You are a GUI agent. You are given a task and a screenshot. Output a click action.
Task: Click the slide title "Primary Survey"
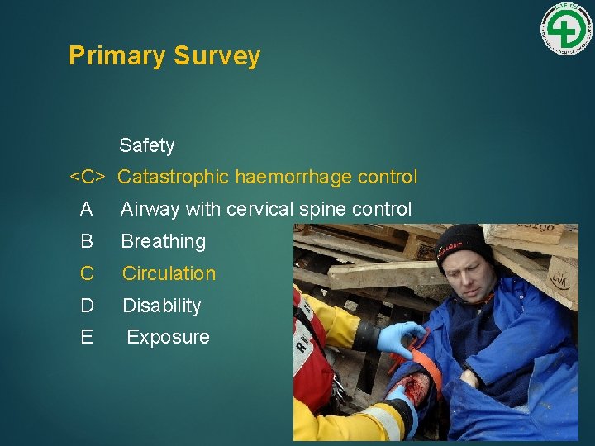coord(164,55)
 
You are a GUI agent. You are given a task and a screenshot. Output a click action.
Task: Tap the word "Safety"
coord(146,145)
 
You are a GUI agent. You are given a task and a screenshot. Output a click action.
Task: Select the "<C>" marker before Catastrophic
coord(87,178)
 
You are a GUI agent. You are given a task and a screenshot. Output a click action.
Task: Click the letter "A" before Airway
coord(86,210)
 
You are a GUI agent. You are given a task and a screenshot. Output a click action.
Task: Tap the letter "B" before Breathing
coord(86,242)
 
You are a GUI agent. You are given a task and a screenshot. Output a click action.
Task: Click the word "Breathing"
coord(163,242)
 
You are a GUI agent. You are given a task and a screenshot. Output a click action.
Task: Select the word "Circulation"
coord(169,273)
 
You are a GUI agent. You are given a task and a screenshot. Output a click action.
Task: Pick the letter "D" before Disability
coord(87,306)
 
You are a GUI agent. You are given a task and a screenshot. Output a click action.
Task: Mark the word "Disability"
coord(162,306)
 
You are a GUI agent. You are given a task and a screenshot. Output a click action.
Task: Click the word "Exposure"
coord(168,337)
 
